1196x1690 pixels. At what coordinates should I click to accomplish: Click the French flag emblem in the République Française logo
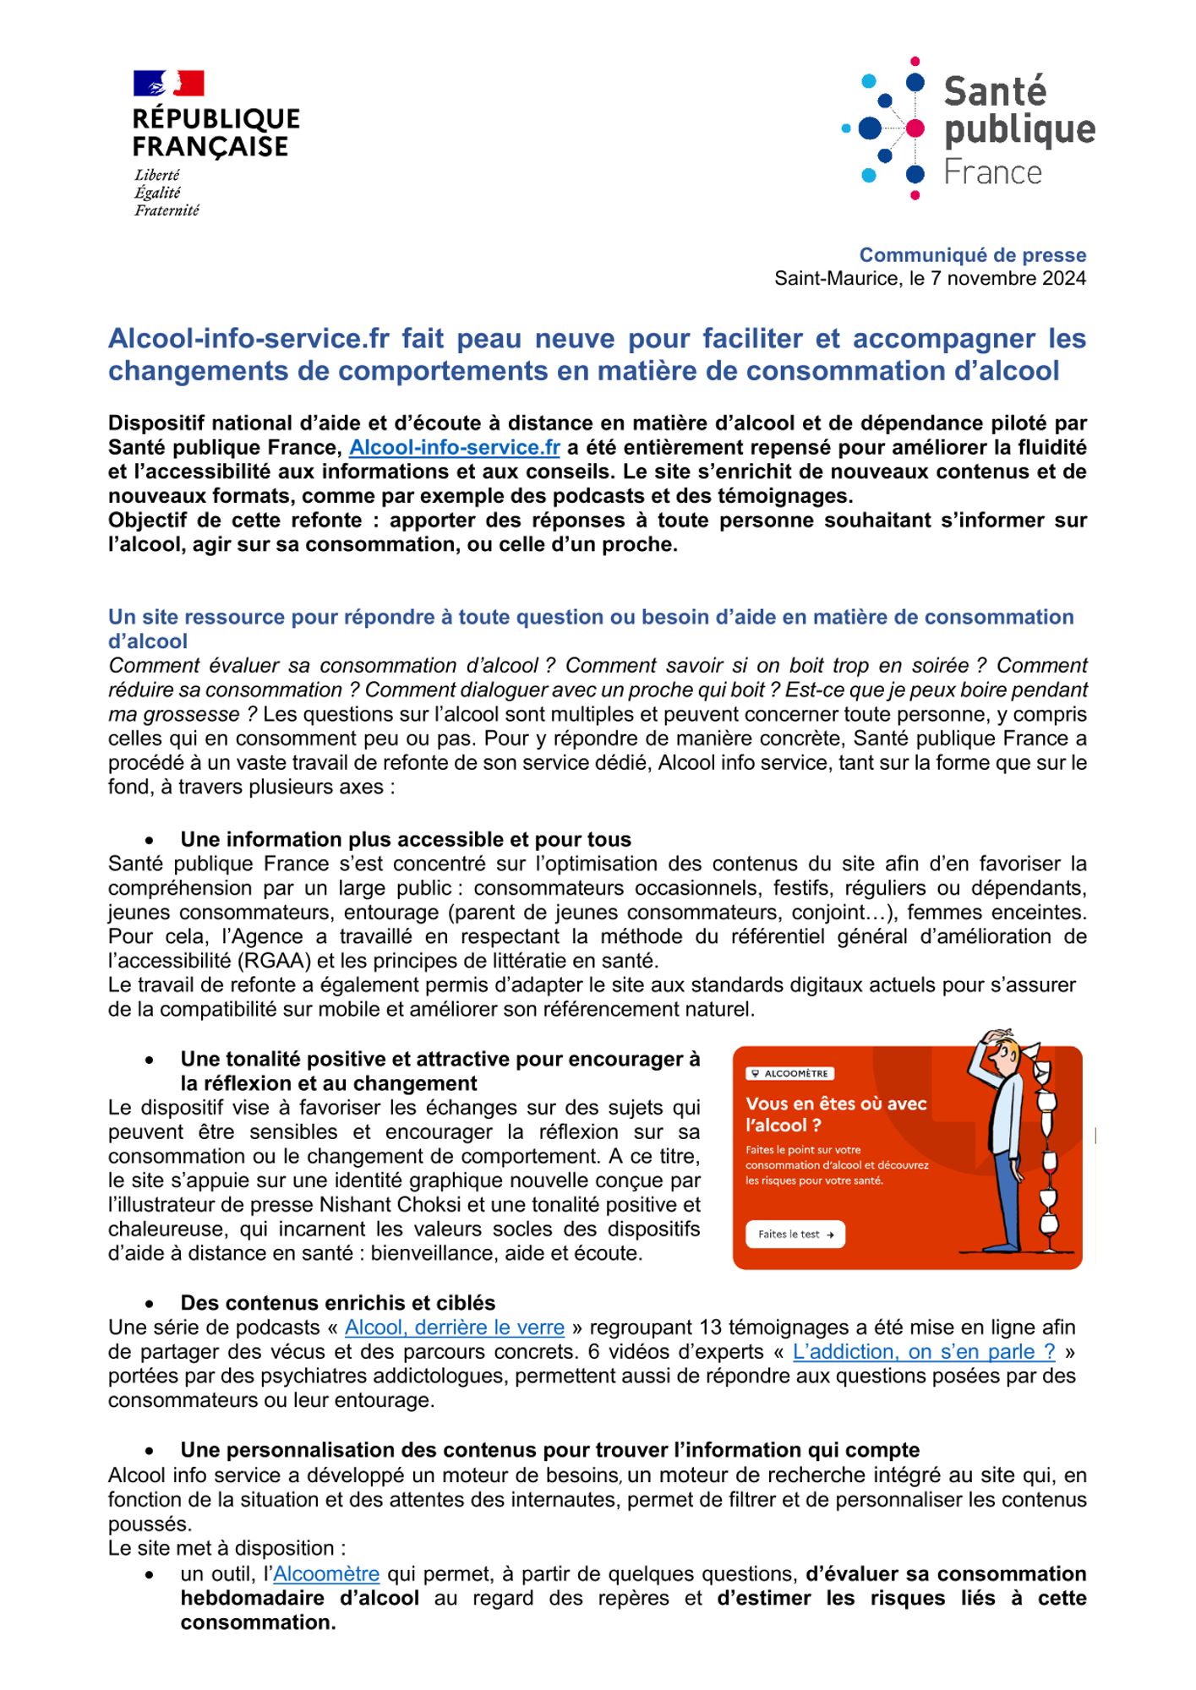click(168, 84)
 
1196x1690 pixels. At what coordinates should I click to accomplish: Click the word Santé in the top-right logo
click(994, 92)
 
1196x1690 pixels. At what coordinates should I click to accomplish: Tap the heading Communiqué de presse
click(972, 255)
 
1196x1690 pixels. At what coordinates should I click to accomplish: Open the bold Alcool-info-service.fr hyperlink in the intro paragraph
click(454, 448)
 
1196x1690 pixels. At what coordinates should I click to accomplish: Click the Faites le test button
click(795, 1234)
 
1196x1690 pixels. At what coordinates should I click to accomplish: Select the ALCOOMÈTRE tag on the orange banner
click(789, 1073)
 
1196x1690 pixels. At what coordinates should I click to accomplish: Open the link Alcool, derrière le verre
click(454, 1327)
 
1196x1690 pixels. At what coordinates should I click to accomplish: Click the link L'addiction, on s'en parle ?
click(923, 1352)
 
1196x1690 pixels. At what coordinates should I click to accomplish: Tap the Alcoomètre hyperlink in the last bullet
click(325, 1574)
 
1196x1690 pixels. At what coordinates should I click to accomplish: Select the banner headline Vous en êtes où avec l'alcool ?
click(835, 1114)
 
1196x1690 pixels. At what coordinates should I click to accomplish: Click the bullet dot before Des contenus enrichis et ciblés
click(150, 1304)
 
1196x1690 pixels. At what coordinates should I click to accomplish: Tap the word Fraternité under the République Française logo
click(167, 210)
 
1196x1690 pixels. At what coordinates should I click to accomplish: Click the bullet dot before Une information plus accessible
click(150, 840)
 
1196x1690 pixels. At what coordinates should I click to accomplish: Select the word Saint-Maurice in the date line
click(837, 279)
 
